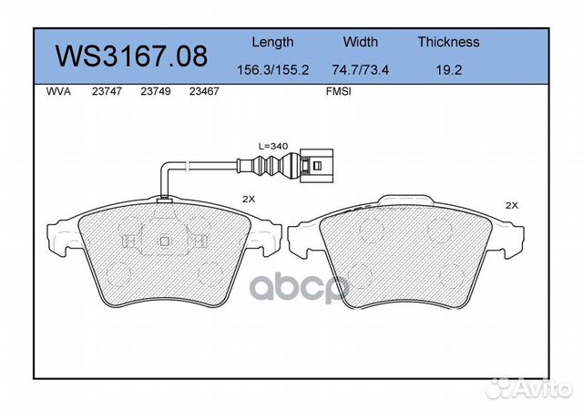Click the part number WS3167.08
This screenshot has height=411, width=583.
(x=131, y=57)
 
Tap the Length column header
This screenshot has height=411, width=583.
(x=272, y=43)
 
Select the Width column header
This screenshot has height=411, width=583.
(x=361, y=42)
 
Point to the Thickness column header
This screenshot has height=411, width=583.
(x=448, y=42)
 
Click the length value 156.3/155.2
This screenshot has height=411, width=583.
(x=273, y=70)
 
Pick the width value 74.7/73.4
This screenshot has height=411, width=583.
(x=361, y=70)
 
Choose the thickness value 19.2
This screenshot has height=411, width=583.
(x=448, y=70)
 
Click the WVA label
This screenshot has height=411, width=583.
(x=58, y=91)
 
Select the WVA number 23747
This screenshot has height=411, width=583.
(x=107, y=91)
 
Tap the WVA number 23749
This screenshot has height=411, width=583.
(x=156, y=91)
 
